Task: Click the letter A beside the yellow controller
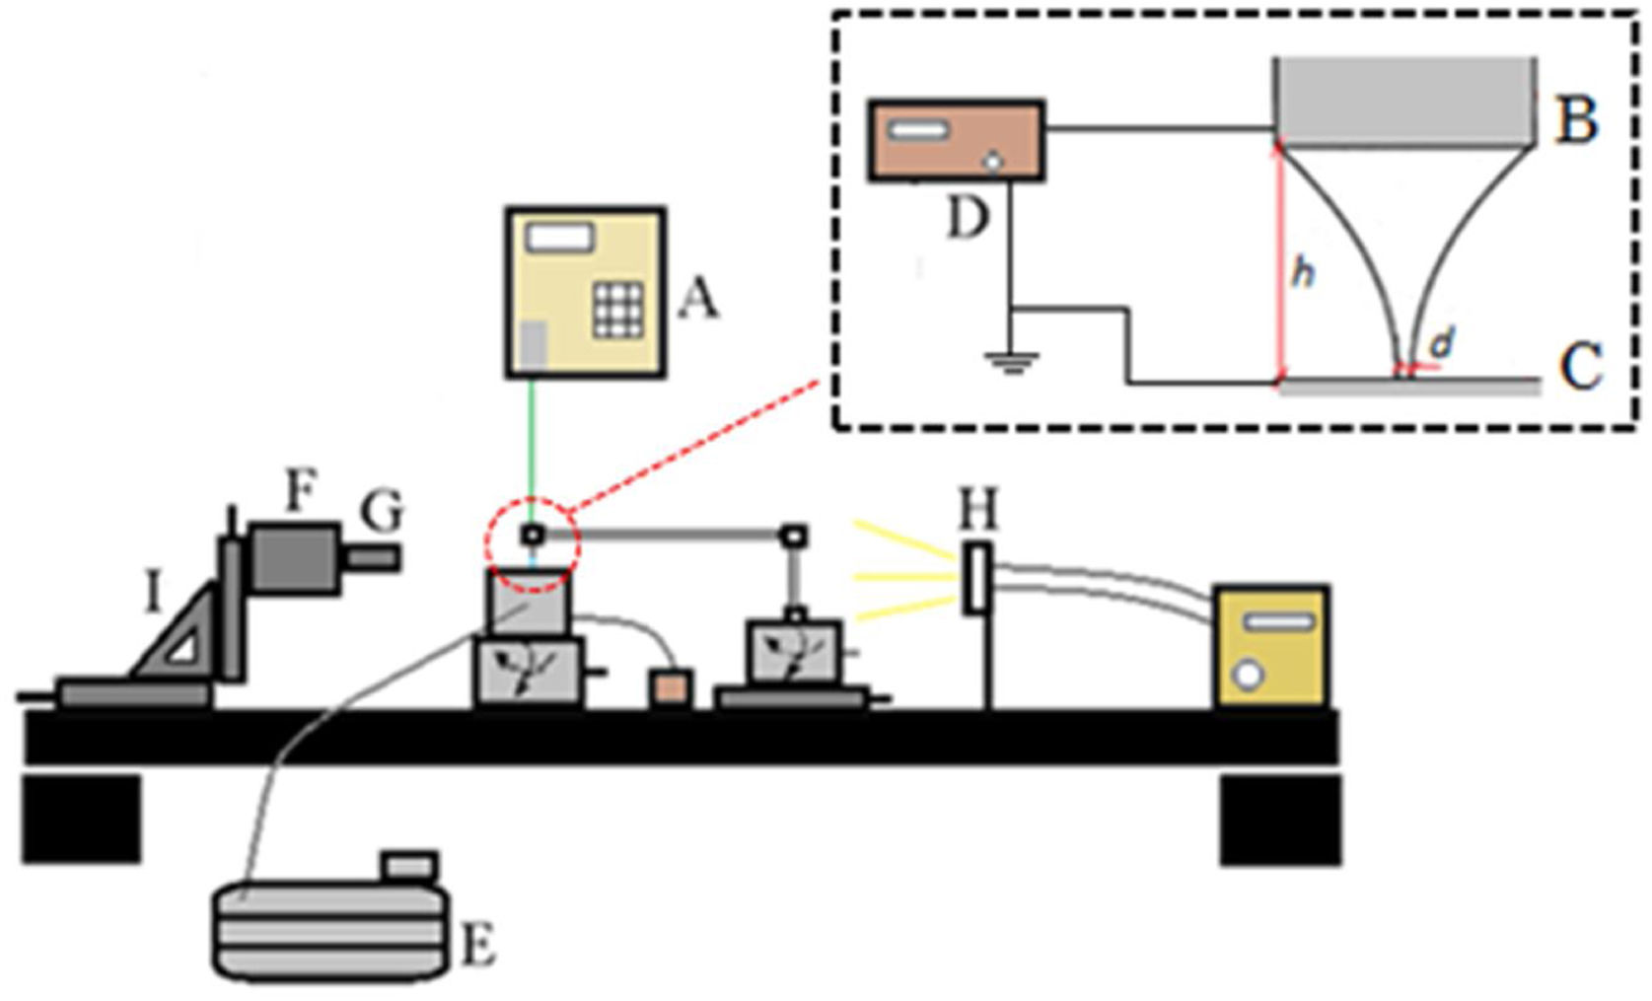point(698,297)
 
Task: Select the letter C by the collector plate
point(1580,367)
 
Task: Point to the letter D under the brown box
point(967,218)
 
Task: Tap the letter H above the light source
point(978,510)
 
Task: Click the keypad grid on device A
point(617,309)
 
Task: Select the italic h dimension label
point(1303,272)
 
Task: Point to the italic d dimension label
point(1441,343)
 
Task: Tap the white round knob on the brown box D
point(995,161)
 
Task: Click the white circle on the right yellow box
point(1250,677)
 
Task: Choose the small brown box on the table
point(671,687)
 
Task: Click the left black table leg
point(81,819)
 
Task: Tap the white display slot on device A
point(559,237)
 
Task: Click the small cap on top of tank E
point(407,866)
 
